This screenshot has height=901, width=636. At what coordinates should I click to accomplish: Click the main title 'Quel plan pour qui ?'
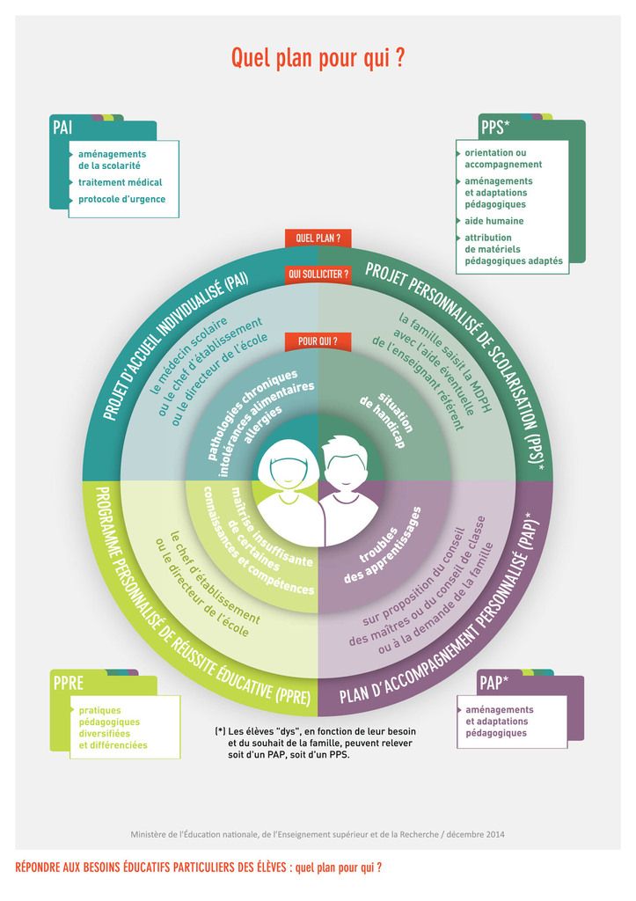click(318, 59)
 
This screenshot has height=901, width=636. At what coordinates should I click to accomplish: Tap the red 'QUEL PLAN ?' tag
click(318, 238)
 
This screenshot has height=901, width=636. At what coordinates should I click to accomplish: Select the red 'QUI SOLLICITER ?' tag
click(318, 275)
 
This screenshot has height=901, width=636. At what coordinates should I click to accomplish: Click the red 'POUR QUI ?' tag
click(318, 341)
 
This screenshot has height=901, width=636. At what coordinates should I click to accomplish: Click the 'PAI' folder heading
click(62, 127)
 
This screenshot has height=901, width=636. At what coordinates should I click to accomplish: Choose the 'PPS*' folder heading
click(495, 128)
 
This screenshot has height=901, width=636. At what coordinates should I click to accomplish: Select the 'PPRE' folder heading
click(69, 683)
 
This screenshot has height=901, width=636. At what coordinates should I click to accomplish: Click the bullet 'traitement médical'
click(121, 182)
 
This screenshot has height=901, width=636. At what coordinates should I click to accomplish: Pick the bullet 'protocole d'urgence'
click(121, 200)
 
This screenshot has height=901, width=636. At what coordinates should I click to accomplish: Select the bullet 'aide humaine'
click(494, 221)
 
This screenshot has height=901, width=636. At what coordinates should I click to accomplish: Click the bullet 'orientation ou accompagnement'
click(503, 158)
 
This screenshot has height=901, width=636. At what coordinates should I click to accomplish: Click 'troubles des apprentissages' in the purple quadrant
click(382, 546)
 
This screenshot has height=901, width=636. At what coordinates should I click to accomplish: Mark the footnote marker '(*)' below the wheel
click(220, 731)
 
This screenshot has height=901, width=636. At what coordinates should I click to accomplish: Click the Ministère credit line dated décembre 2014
click(318, 834)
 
